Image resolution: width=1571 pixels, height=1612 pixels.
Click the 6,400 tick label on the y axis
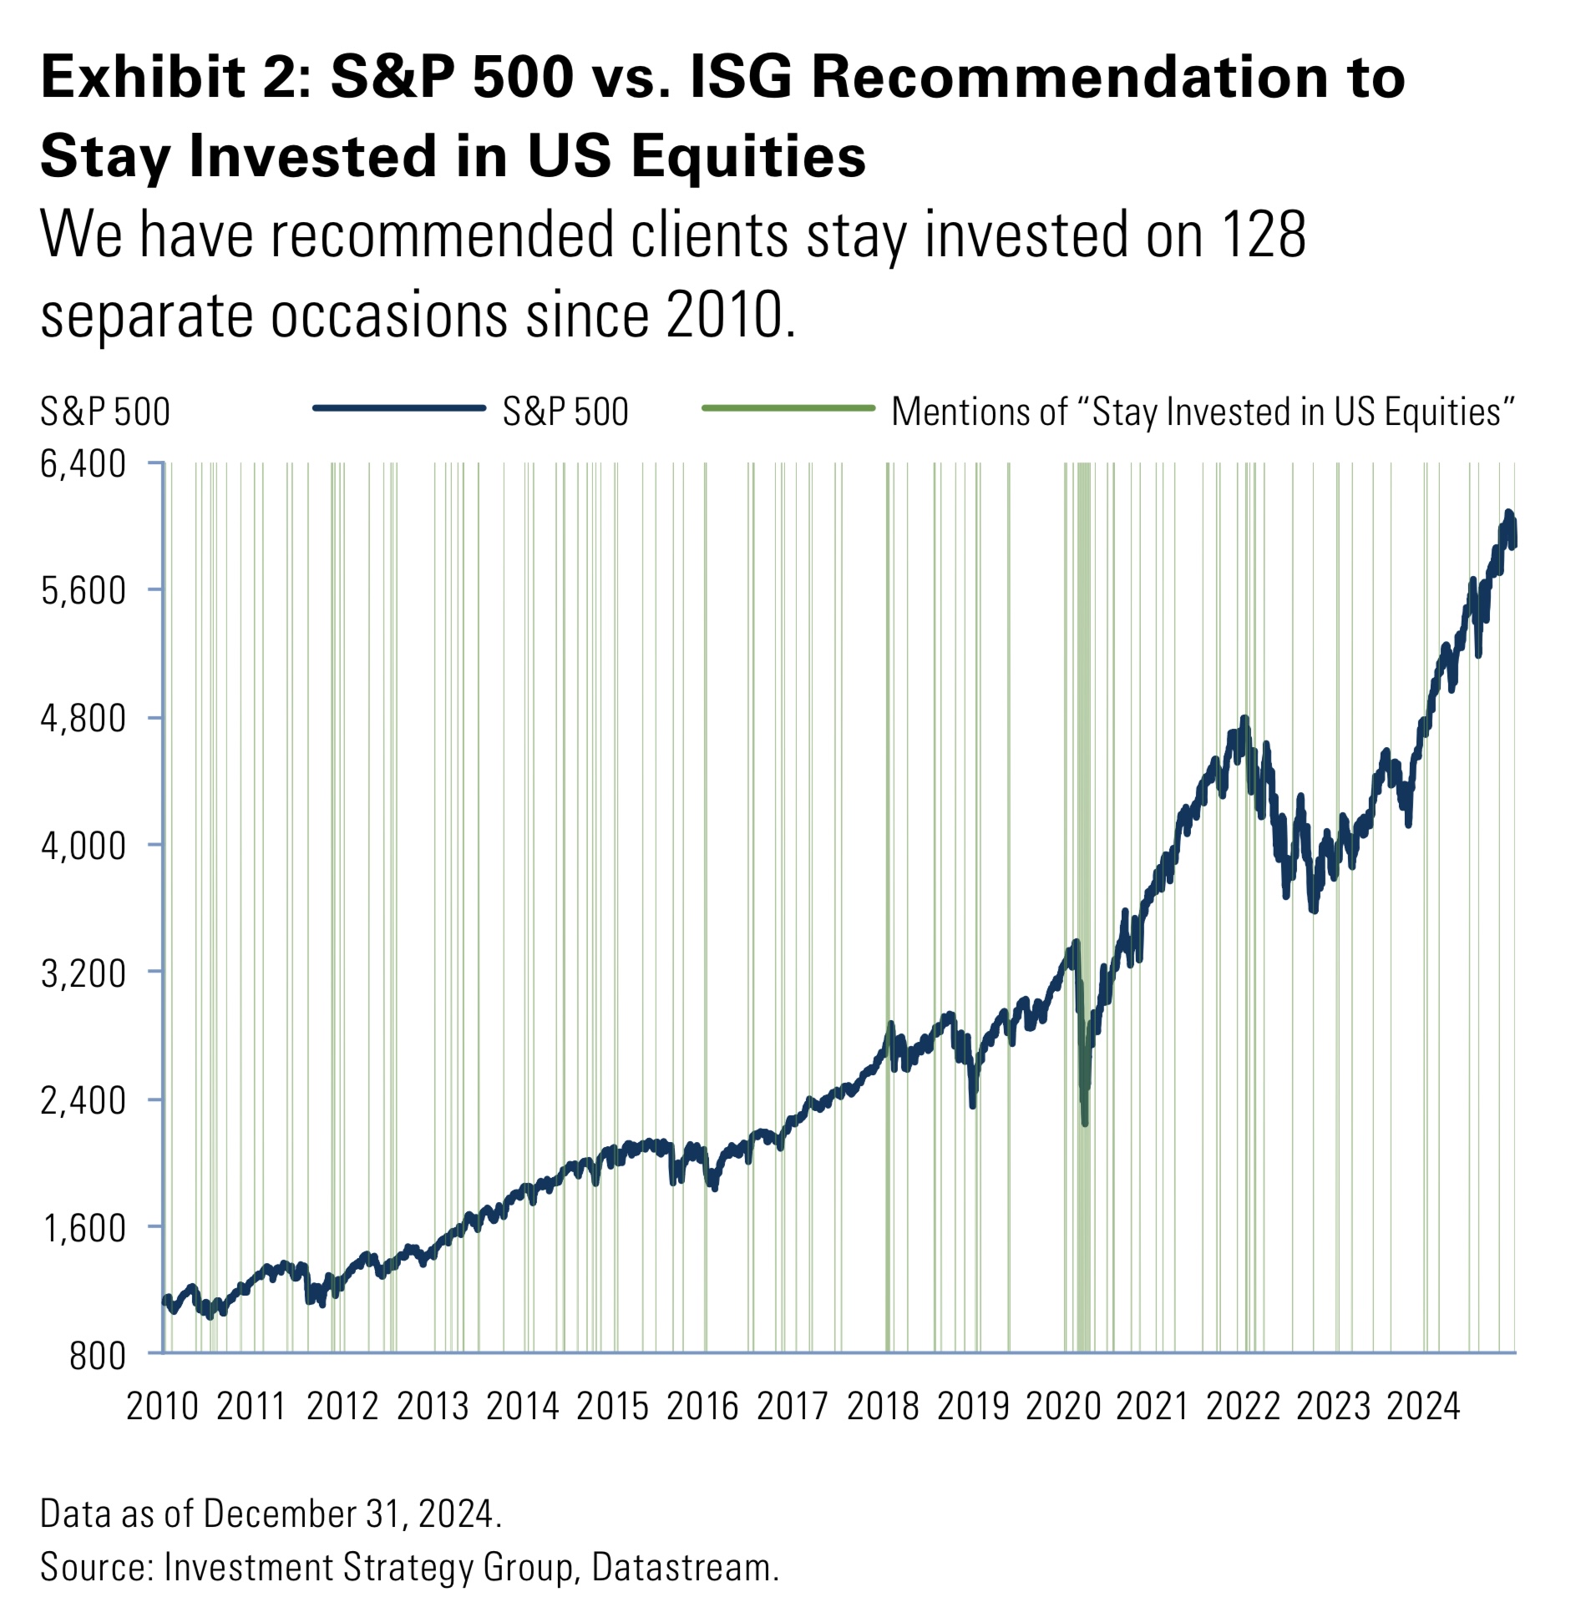point(83,464)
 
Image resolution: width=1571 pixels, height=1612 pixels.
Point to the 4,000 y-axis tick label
point(83,846)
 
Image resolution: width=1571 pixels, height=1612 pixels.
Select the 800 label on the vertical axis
point(97,1356)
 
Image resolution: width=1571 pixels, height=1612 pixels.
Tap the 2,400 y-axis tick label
point(83,1100)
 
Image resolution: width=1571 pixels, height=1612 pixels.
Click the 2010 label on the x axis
point(162,1406)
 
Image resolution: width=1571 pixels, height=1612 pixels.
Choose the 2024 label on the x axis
point(1423,1406)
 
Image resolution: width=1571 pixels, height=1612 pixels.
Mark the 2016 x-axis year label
point(702,1406)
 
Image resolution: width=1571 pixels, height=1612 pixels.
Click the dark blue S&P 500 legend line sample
point(398,408)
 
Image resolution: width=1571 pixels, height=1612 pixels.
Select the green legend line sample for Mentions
point(788,408)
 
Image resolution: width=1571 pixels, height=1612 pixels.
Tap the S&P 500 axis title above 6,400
point(104,412)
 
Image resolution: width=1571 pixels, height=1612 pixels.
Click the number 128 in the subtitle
point(1263,235)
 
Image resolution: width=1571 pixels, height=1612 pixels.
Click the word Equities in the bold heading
point(748,156)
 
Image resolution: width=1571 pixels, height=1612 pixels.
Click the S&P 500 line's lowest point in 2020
point(1084,1123)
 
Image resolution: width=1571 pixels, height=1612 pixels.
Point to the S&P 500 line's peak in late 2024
point(1508,513)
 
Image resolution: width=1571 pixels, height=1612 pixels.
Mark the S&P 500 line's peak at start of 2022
point(1244,718)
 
